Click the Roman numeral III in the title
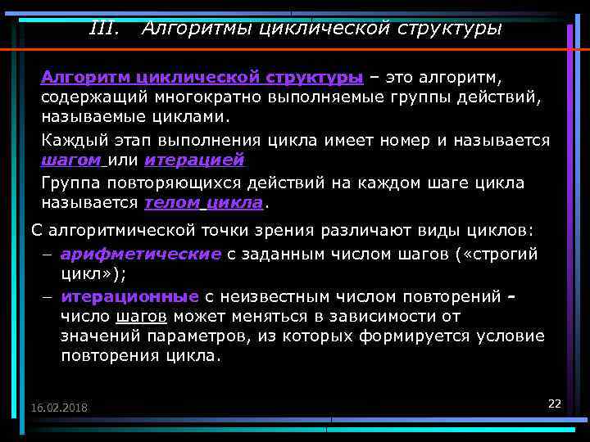[x=103, y=29]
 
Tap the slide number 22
[x=554, y=404]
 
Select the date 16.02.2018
[x=59, y=408]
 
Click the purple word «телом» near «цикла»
[x=170, y=202]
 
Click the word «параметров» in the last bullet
[x=166, y=336]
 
